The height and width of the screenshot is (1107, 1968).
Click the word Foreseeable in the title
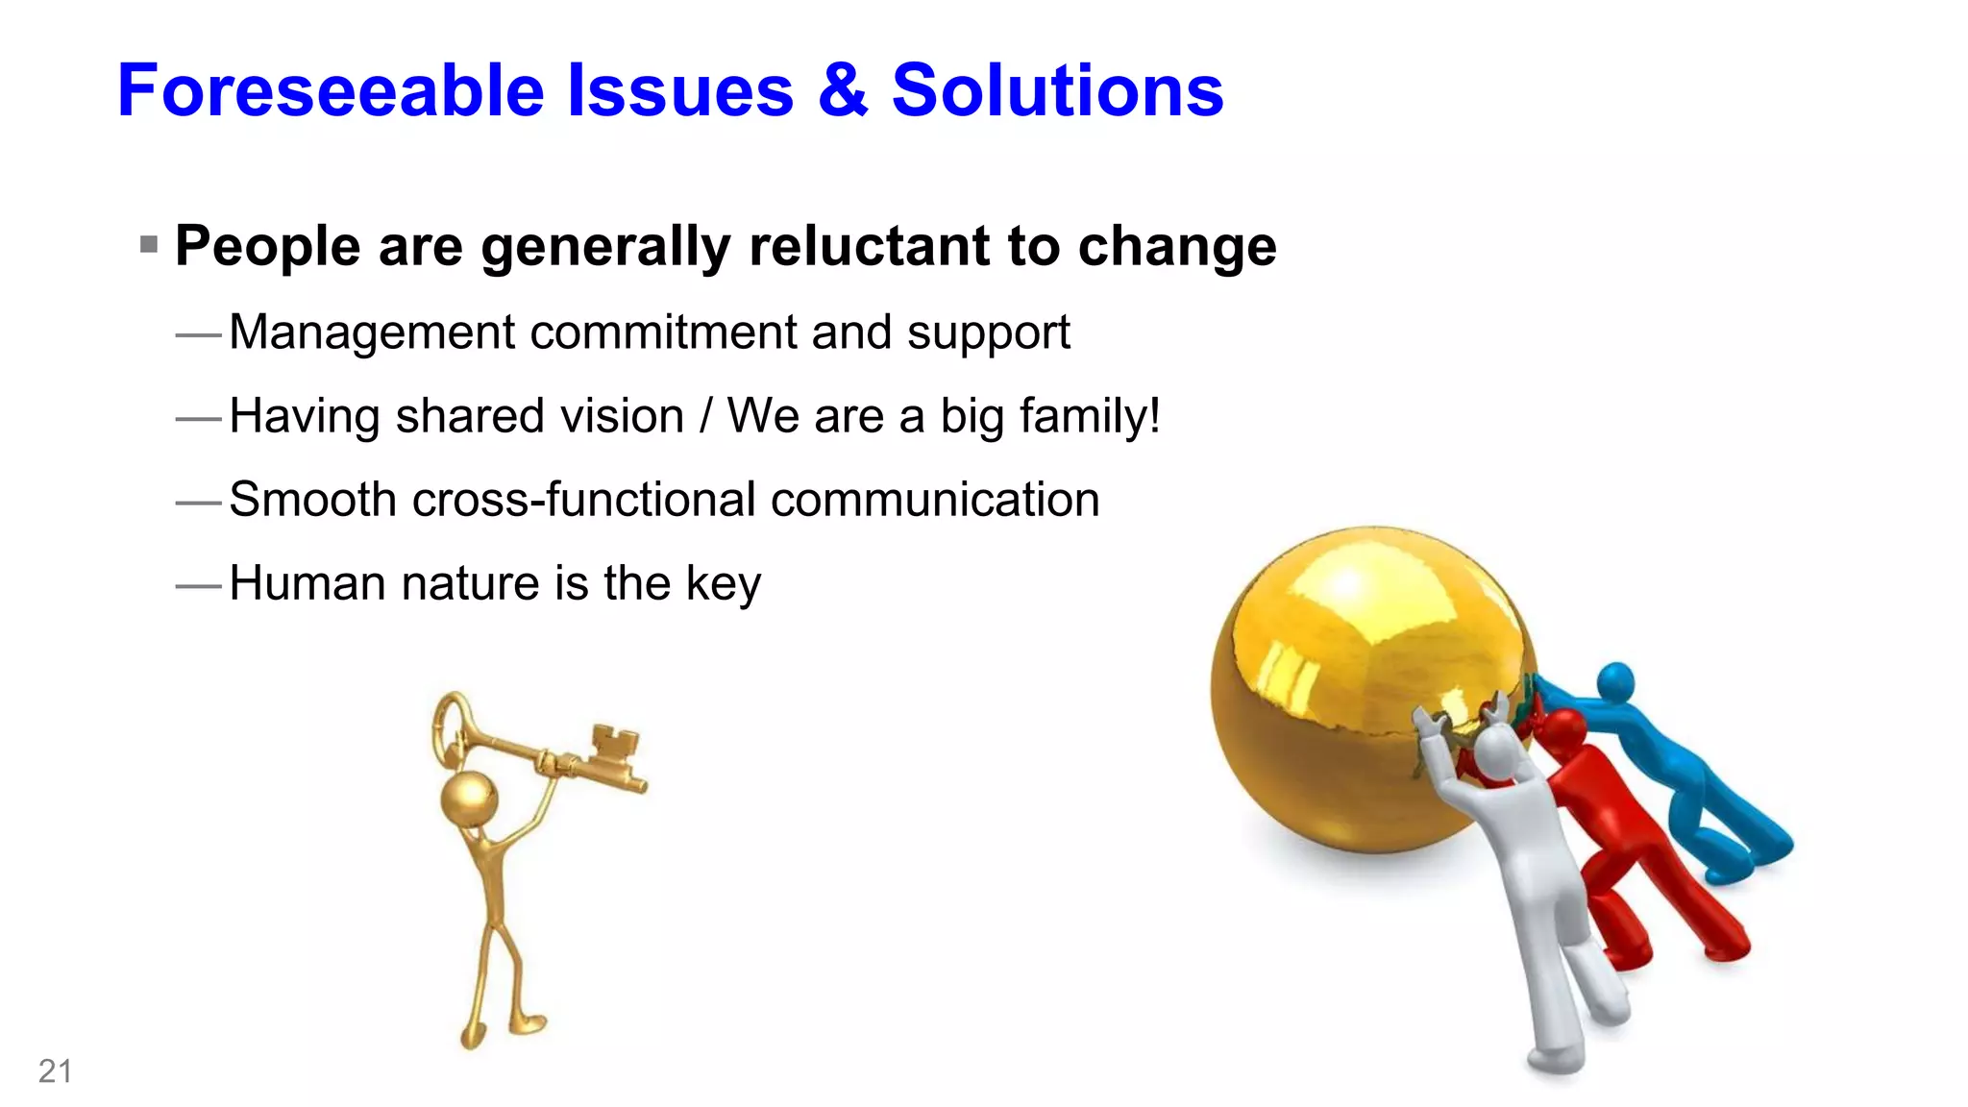(x=332, y=90)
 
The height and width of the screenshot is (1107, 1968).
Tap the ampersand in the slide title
(x=843, y=90)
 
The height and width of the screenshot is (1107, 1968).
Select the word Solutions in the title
(x=1057, y=90)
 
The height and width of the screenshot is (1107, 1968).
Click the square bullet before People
(x=149, y=244)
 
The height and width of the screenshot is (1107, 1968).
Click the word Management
(x=373, y=333)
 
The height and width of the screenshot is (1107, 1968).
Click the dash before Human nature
(x=199, y=585)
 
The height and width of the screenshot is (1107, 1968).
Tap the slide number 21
(x=55, y=1070)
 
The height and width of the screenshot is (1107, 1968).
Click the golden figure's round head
(x=469, y=797)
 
